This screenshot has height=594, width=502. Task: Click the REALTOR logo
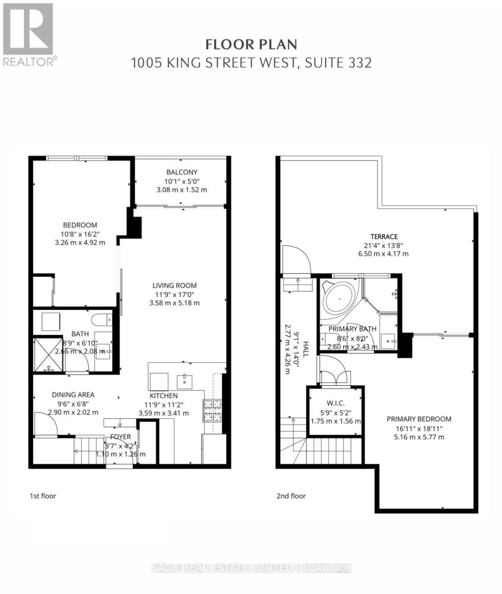tap(28, 35)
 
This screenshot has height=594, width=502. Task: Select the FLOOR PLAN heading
tap(251, 45)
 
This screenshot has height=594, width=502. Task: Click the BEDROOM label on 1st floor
tap(80, 225)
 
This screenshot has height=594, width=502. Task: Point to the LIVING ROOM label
tap(174, 286)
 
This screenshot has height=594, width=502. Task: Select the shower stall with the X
tap(48, 354)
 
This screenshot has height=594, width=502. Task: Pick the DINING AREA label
tap(73, 395)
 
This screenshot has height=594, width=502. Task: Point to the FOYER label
tap(120, 437)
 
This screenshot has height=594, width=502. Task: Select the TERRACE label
tap(384, 237)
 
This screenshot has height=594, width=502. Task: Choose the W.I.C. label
tap(335, 403)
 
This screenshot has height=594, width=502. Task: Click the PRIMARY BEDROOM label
tap(419, 419)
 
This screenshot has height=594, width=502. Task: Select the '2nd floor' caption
tap(291, 496)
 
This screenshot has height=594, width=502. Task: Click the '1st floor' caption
tap(42, 496)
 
